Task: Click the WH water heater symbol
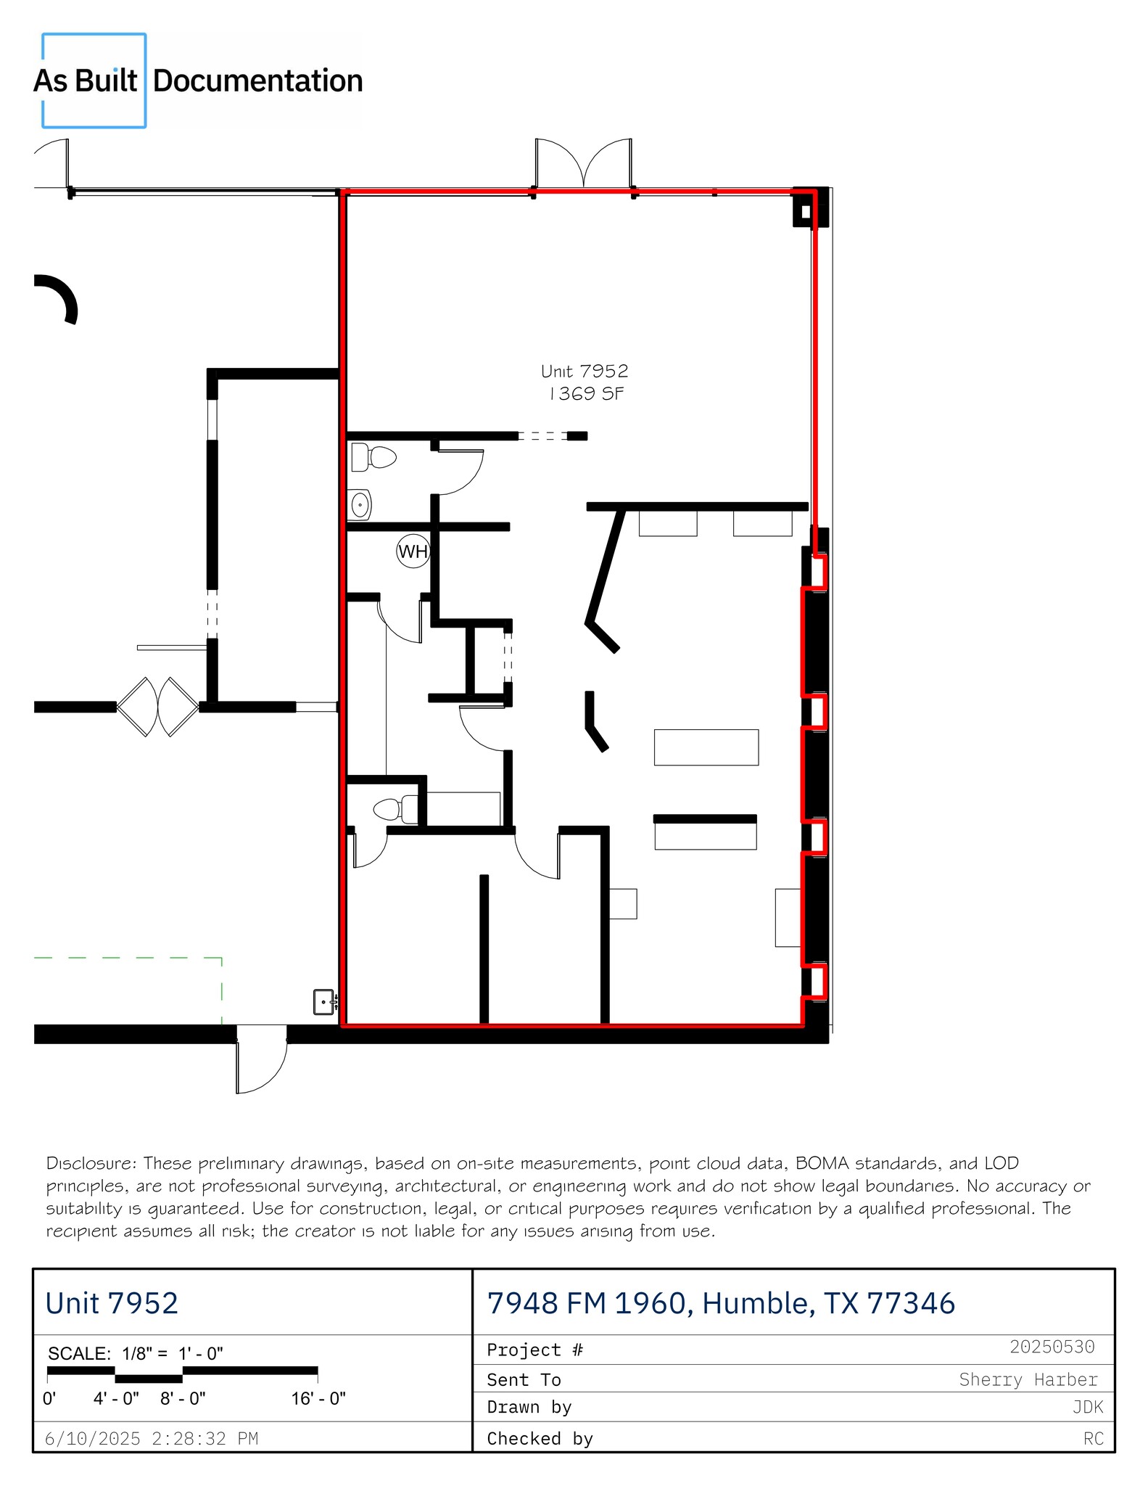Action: pos(413,551)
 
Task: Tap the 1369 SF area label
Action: pos(586,394)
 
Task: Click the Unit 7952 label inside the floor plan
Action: pos(585,371)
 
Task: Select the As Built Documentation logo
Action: pos(197,81)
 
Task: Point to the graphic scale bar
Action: pos(182,1373)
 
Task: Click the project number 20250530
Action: pos(1052,1347)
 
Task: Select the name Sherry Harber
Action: pos(1028,1379)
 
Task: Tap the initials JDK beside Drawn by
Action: pos(1087,1408)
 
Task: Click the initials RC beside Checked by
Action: pos(1093,1438)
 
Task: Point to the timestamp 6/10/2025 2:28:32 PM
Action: pos(152,1438)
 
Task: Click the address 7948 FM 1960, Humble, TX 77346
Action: pos(721,1303)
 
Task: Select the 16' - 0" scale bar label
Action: pos(318,1398)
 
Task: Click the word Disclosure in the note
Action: pos(91,1164)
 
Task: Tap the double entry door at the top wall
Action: pos(584,164)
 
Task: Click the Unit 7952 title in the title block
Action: pos(112,1303)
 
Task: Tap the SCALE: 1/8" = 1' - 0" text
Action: pos(136,1353)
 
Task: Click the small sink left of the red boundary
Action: pos(324,1001)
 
